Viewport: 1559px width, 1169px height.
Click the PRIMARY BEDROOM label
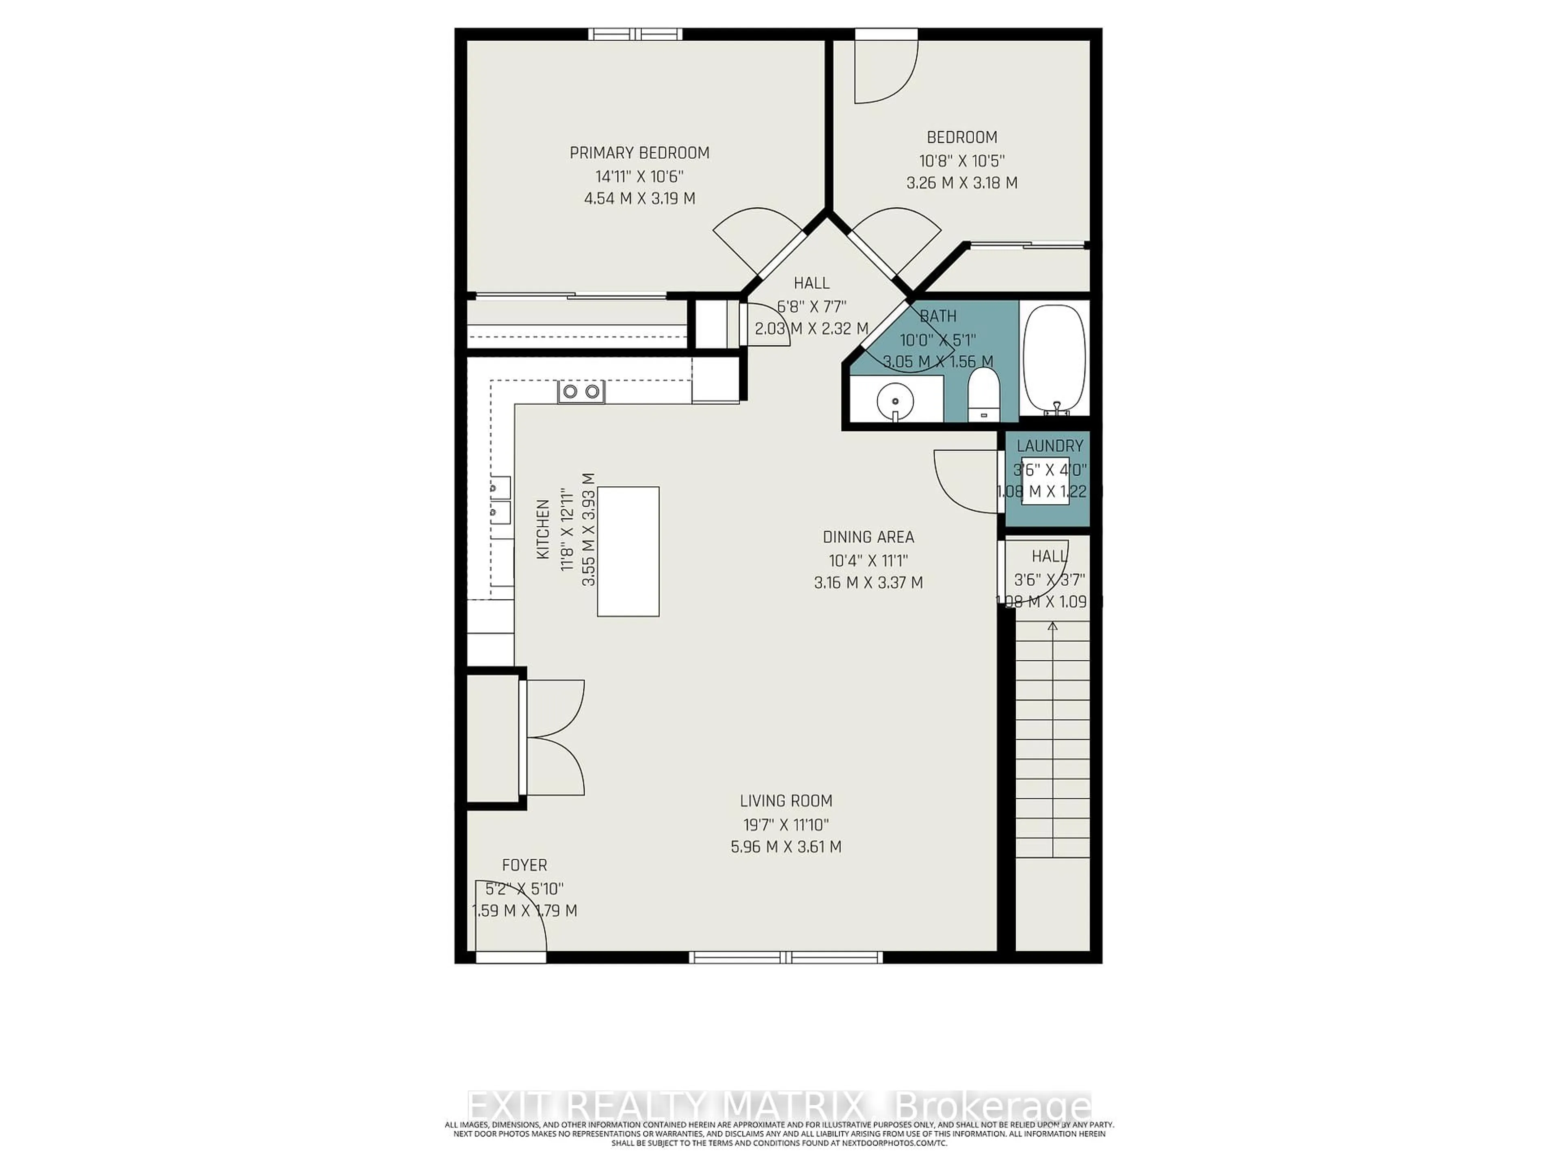639,153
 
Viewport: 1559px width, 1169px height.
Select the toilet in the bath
984,396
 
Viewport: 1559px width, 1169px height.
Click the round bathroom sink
895,402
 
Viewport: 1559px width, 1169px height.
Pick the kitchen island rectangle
628,551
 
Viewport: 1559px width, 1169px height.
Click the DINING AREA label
868,537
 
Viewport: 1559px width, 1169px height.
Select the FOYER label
525,865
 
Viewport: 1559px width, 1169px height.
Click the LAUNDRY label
1049,446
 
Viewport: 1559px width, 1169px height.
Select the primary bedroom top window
636,34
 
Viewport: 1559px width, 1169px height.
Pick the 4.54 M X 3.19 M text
639,199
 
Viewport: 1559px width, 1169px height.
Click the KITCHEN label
543,529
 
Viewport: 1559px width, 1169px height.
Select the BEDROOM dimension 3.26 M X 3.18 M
961,183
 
